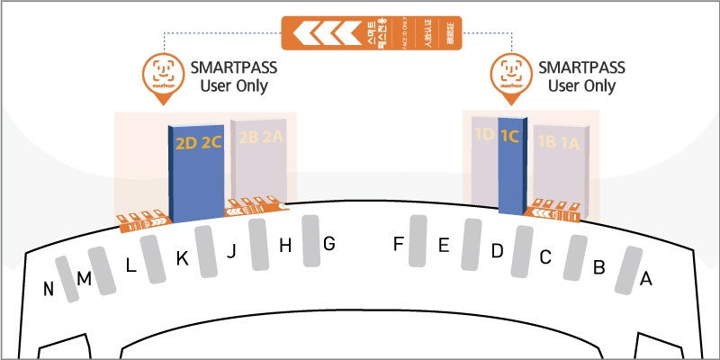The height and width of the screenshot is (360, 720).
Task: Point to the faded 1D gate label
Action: pyautogui.click(x=484, y=137)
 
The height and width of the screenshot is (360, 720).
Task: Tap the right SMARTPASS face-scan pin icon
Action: pyautogui.click(x=508, y=71)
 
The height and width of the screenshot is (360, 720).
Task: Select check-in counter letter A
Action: pyautogui.click(x=644, y=279)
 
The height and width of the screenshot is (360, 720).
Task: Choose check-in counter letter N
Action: pyautogui.click(x=49, y=289)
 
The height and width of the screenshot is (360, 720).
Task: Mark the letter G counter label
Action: pyautogui.click(x=328, y=243)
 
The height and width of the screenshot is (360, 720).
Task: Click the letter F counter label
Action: pyautogui.click(x=399, y=243)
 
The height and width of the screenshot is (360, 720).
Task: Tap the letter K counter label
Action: pyautogui.click(x=182, y=258)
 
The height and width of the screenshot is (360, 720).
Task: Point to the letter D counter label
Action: pyautogui.click(x=497, y=251)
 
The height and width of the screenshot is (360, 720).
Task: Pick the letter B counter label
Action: pyautogui.click(x=598, y=267)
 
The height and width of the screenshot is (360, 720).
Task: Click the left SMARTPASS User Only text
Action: pyautogui.click(x=229, y=76)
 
